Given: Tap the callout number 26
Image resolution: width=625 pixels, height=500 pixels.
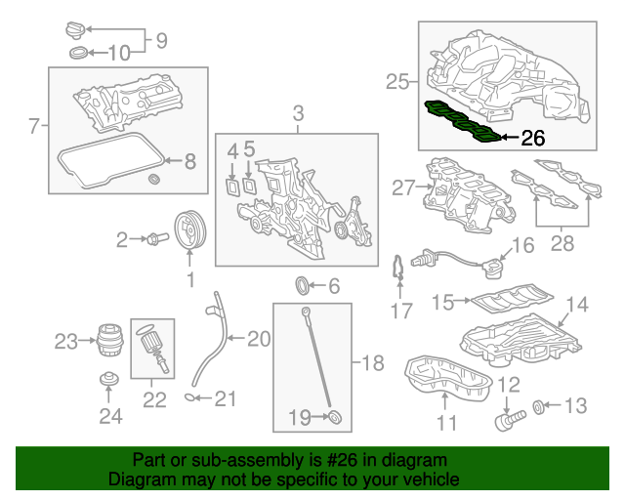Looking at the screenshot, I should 532,138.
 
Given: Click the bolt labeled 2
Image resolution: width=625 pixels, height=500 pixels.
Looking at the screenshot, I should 152,238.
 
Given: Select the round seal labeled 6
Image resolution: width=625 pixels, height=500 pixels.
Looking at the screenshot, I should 305,285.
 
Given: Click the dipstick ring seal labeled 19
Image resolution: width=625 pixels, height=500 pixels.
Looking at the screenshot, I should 335,418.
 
